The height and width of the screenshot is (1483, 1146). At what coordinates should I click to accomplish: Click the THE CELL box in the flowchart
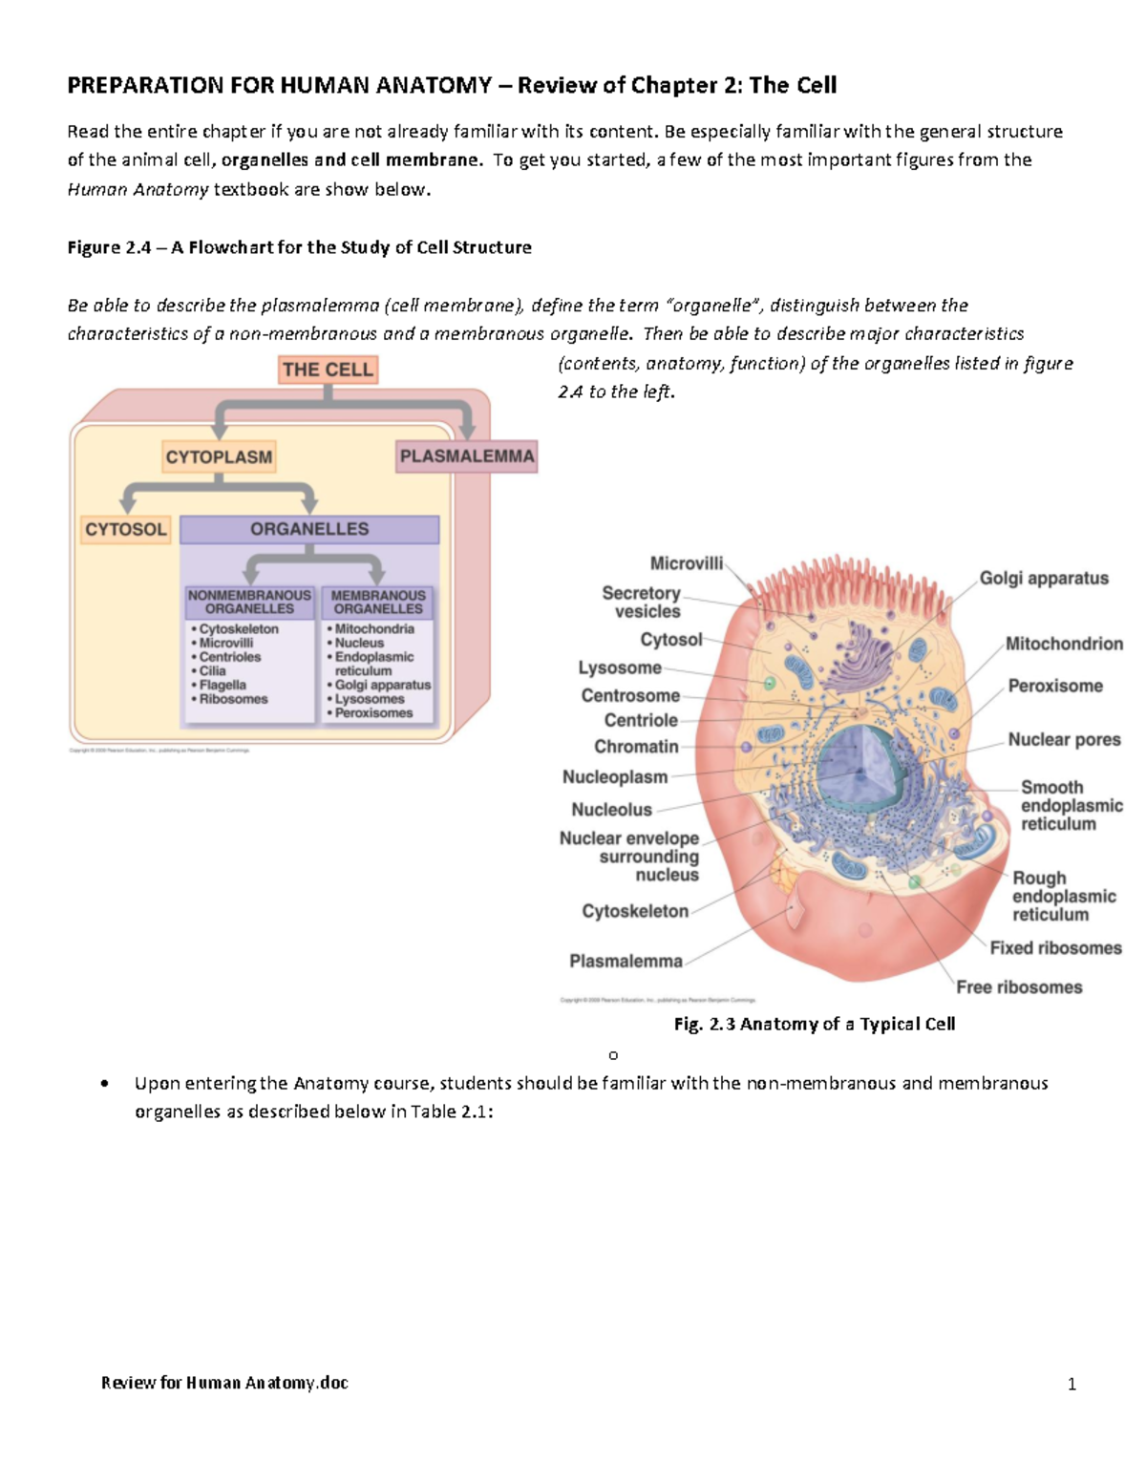[x=328, y=370]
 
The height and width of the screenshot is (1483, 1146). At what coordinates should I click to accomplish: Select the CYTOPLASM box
[x=219, y=457]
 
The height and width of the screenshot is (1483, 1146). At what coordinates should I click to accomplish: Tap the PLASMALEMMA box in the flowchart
[x=466, y=456]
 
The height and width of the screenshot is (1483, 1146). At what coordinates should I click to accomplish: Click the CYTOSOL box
[x=125, y=529]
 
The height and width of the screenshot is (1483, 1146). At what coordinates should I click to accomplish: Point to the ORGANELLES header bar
[x=308, y=529]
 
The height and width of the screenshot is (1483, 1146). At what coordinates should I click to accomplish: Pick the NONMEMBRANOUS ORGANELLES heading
[x=249, y=602]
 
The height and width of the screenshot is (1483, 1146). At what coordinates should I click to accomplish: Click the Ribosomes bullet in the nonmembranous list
[x=233, y=699]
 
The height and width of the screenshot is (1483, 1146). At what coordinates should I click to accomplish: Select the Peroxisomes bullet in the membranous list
[x=373, y=713]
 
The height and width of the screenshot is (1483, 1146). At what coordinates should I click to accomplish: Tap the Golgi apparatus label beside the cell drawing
[x=1043, y=579]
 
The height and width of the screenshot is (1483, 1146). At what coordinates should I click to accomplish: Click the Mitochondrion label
[x=1063, y=645]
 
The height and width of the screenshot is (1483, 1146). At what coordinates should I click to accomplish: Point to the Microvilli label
[x=686, y=563]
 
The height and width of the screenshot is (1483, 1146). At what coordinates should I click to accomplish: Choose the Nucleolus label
[x=611, y=810]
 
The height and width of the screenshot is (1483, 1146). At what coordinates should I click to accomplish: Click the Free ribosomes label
[x=1019, y=987]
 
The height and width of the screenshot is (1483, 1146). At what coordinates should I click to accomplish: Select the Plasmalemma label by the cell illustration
[x=626, y=962]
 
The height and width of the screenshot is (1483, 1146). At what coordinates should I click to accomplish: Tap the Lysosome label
[x=619, y=668]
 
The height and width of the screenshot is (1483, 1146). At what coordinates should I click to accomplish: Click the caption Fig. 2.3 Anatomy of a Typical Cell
[x=814, y=1024]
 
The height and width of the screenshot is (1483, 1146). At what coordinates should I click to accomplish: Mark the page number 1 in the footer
[x=1072, y=1384]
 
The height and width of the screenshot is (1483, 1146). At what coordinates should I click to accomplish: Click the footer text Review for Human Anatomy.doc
[x=224, y=1383]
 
